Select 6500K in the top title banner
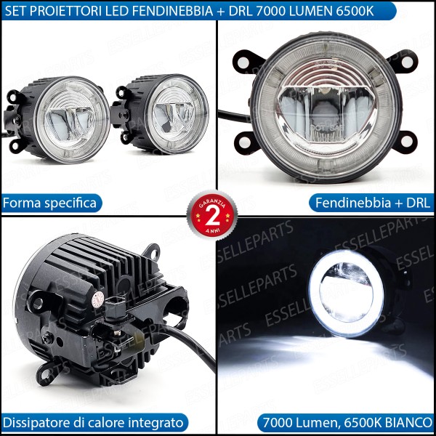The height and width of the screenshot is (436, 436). (x=356, y=10)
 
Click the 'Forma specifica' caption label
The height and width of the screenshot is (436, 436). (x=50, y=203)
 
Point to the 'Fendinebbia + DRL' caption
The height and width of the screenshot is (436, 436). (x=371, y=203)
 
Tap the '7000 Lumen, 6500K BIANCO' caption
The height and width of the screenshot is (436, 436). (x=347, y=421)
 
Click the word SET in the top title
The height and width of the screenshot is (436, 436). (x=17, y=10)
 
